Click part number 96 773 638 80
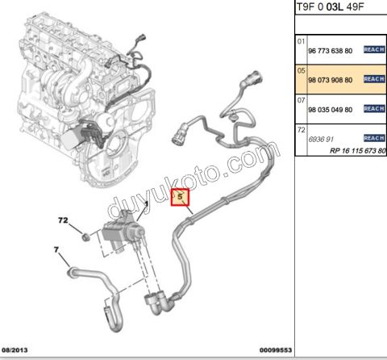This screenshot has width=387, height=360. tap(331, 51)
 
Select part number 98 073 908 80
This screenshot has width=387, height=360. tap(331, 80)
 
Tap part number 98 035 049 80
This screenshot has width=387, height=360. tap(331, 110)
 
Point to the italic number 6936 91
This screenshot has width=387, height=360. tap(321, 140)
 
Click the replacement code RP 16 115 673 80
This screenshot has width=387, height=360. tap(358, 151)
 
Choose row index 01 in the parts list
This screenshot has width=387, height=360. tap(301, 41)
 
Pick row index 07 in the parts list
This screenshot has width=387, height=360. tap(301, 100)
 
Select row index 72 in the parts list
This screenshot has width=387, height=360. tap(301, 130)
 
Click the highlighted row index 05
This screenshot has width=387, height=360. tap(301, 71)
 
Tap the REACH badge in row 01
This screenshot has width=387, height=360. tap(374, 49)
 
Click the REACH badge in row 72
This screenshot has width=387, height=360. tap(374, 138)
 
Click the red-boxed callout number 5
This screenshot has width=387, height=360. tap(180, 197)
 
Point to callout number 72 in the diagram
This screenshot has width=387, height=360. tap(63, 220)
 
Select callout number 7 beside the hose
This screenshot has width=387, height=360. tap(56, 249)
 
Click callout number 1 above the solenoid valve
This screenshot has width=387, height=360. tap(147, 203)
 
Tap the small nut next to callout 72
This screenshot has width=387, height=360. tap(85, 237)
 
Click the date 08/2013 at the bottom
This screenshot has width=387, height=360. tap(15, 350)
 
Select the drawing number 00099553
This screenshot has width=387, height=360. tap(276, 350)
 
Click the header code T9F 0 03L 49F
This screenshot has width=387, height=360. tap(331, 6)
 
